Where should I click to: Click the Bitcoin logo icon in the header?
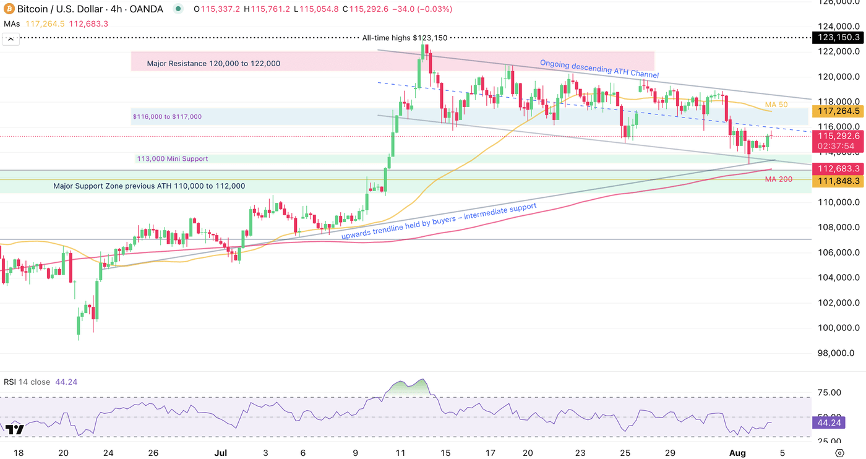[9, 9]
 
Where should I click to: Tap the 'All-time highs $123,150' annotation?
[405, 38]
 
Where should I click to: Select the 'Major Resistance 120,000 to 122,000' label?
[213, 63]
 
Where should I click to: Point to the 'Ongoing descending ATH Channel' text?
[599, 68]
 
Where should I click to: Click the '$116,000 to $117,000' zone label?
[167, 116]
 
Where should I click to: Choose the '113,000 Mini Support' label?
[173, 159]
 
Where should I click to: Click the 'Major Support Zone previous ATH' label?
[149, 186]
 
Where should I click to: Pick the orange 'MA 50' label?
[776, 105]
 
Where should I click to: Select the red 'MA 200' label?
[778, 179]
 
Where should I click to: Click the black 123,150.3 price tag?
[839, 38]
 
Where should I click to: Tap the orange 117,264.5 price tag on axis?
[839, 111]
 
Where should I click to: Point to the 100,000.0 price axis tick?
[839, 328]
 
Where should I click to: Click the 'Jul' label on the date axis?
[220, 453]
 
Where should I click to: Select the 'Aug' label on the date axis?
[739, 453]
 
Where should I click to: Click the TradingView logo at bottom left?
[14, 429]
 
